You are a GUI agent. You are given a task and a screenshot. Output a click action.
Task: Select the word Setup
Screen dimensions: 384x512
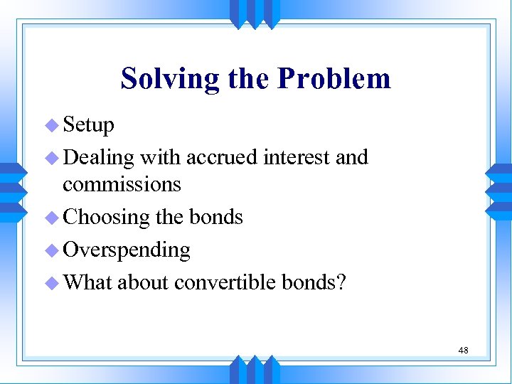pos(88,126)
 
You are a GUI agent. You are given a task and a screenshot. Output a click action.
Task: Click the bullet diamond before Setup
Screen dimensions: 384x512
pos(51,126)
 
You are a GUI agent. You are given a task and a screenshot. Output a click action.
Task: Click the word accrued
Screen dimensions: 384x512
pos(222,156)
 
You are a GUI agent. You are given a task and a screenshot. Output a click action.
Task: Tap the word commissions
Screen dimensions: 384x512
pos(122,184)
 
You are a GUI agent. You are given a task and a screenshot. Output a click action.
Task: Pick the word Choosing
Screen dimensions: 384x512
pos(106,217)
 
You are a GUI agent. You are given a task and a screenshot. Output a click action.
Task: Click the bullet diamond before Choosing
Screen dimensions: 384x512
pos(51,217)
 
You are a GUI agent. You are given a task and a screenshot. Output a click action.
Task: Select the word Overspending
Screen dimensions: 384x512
pos(127,250)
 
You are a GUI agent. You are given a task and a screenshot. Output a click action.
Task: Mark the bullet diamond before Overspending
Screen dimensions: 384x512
pos(51,250)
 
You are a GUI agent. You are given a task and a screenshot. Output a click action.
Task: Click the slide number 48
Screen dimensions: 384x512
pos(463,350)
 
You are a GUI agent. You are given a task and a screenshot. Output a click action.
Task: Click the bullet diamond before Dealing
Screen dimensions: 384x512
pos(51,157)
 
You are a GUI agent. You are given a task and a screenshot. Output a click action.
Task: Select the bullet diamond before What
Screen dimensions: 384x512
pos(51,282)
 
